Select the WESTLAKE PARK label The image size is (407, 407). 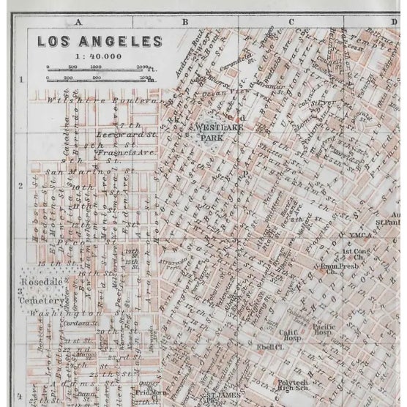217,131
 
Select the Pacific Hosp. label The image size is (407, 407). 324,330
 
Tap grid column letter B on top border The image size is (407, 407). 185,22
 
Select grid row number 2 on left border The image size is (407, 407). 20,186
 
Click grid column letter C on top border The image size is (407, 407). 291,22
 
